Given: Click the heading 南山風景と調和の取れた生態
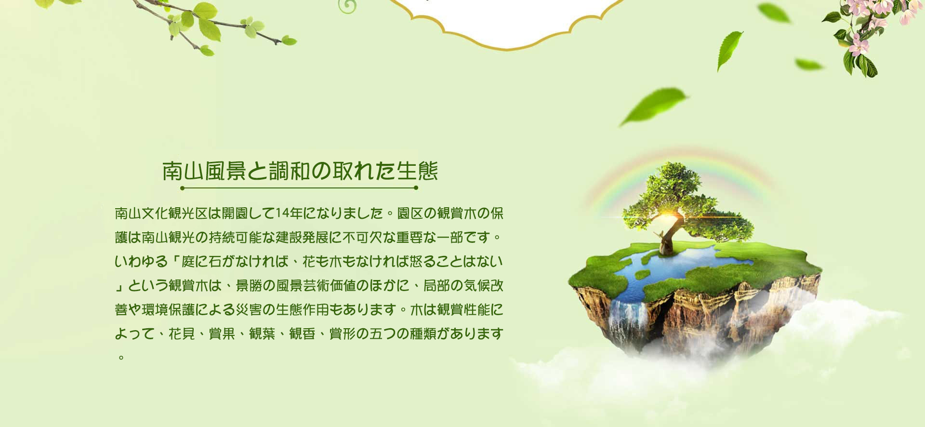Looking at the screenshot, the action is point(300,171).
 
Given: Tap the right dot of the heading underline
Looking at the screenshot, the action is point(416,188).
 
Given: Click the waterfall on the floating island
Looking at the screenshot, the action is point(627,320).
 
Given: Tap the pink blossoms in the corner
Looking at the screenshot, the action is point(867,24).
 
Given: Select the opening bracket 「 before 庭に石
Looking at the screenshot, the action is point(175,261).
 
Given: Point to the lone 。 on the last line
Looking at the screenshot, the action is point(121,358).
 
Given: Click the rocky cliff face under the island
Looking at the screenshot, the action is point(708,313).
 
